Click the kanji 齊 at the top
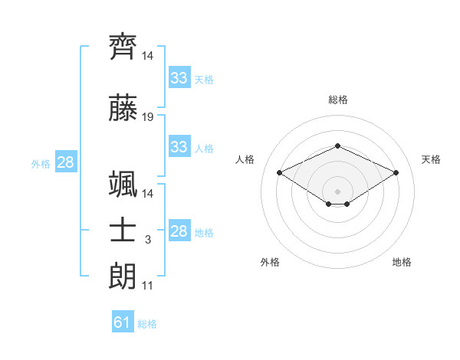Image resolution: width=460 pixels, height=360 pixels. pos(123,47)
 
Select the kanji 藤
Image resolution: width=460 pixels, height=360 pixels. pos(123,108)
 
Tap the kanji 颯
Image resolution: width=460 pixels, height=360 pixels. pos(123,184)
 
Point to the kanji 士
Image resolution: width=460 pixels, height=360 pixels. pos(123,230)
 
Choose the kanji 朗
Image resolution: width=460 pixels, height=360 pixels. pos(123,276)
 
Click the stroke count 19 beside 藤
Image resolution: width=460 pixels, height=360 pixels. pos(147,117)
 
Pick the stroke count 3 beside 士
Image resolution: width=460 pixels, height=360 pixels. pos(148,240)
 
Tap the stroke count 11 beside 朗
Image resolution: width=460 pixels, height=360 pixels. pos(147,286)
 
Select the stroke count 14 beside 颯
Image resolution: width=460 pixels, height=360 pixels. pos(147,194)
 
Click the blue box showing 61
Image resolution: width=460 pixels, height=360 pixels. pos(123,321)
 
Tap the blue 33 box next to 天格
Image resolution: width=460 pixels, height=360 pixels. pos(179,77)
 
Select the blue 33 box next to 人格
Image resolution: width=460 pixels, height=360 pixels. pos(179,146)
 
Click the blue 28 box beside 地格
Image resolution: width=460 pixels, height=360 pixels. pos(179,230)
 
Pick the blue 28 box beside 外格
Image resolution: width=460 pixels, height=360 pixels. pos(66,162)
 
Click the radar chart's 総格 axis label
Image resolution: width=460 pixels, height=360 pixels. pos(338,100)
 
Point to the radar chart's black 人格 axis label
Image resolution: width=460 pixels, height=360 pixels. pos(245,159)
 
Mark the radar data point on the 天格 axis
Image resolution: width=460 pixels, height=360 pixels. pos(396,172)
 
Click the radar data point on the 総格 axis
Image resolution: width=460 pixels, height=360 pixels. pos(337,146)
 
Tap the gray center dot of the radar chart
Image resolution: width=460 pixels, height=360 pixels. pos(337,191)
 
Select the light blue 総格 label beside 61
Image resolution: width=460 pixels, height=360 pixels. pos(147,324)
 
